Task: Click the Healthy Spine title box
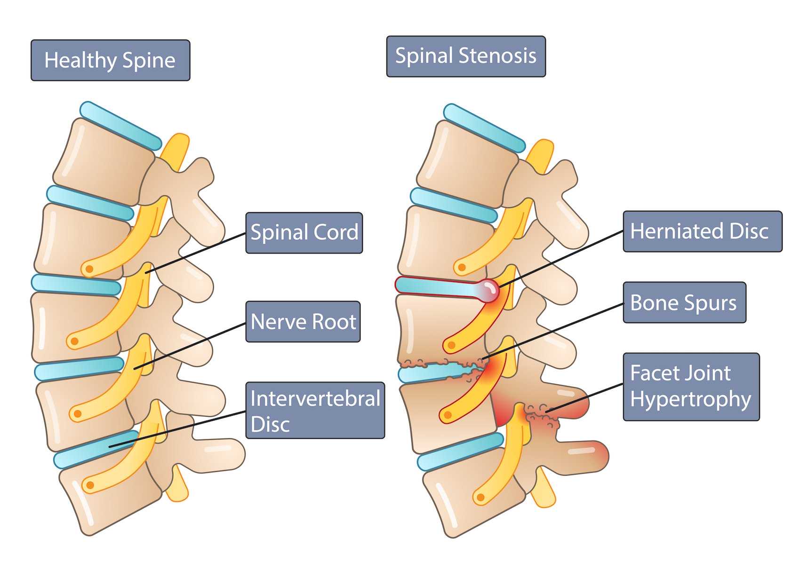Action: pos(110,60)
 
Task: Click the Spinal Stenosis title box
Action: pos(465,56)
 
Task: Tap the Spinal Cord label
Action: pos(304,233)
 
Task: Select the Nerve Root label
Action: pos(303,322)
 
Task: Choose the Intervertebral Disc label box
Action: pos(315,410)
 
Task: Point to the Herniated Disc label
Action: pos(702,231)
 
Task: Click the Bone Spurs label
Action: pos(684,302)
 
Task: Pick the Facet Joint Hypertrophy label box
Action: pos(691,387)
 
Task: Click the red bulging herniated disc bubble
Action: pos(488,289)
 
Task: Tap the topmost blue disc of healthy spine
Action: pos(120,126)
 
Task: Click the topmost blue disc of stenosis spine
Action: pos(484,128)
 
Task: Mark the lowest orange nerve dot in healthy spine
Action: pos(89,485)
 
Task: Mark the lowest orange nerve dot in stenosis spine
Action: pos(480,497)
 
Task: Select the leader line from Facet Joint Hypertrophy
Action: pos(584,398)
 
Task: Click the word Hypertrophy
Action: pos(690,399)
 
